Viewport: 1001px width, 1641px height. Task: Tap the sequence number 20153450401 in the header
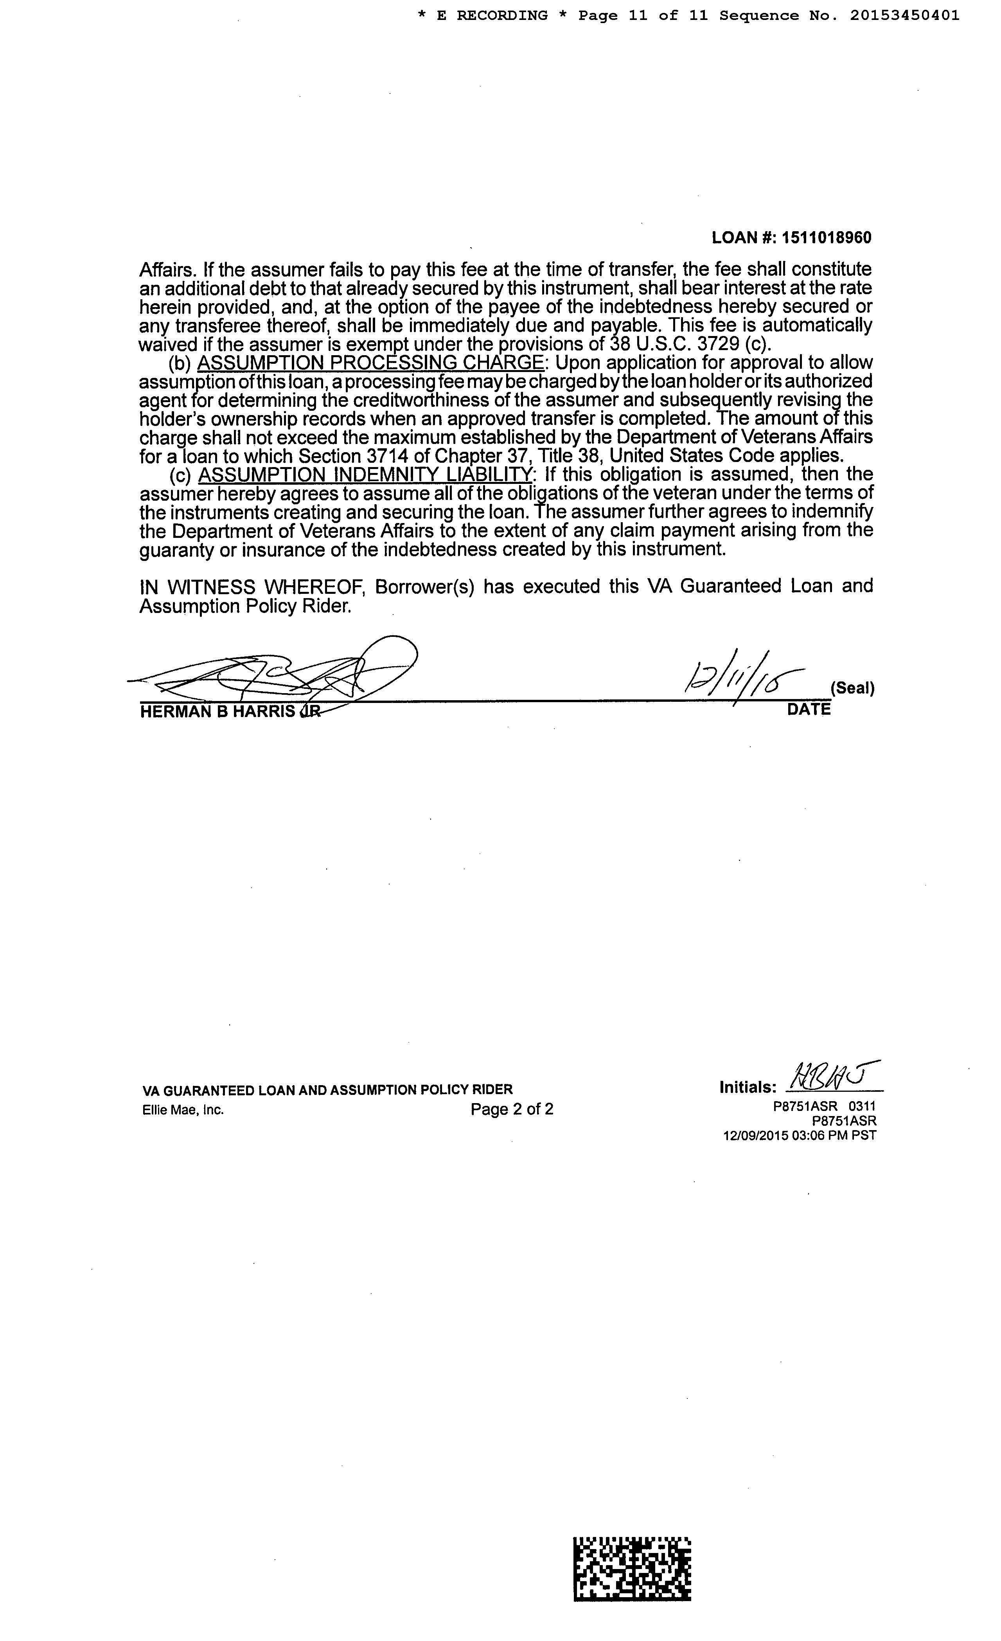[x=904, y=15]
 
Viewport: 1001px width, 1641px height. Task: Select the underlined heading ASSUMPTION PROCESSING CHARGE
[x=370, y=363]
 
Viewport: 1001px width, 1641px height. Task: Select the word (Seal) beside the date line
[x=852, y=688]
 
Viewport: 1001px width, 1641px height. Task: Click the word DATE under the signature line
[x=809, y=709]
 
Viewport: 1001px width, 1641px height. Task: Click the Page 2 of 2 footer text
[x=512, y=1109]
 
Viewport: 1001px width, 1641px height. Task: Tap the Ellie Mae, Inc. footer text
[x=183, y=1109]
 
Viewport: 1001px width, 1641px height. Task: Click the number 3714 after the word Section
[x=388, y=456]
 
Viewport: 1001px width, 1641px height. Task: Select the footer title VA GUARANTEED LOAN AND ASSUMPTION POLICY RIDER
[x=328, y=1089]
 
